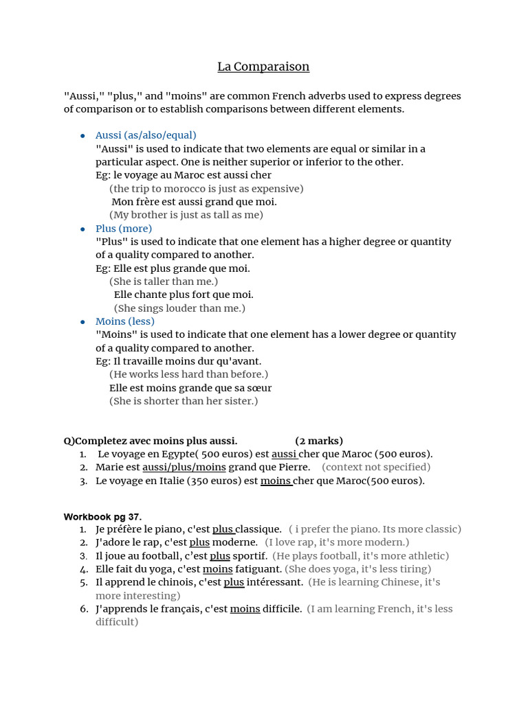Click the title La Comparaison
(x=263, y=67)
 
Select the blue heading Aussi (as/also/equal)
(x=146, y=135)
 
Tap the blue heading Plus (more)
(x=124, y=229)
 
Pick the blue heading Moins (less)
(x=125, y=321)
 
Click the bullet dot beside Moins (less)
(x=82, y=322)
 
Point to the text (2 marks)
(x=319, y=441)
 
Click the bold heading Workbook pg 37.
(x=102, y=516)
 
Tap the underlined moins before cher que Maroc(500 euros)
(x=276, y=481)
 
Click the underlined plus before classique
(x=223, y=529)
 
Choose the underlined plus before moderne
(x=199, y=542)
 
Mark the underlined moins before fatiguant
(x=217, y=569)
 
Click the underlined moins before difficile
(x=245, y=609)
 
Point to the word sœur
(x=258, y=388)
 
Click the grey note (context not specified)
(x=376, y=468)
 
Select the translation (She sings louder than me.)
(x=179, y=308)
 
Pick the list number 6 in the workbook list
(x=83, y=609)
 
